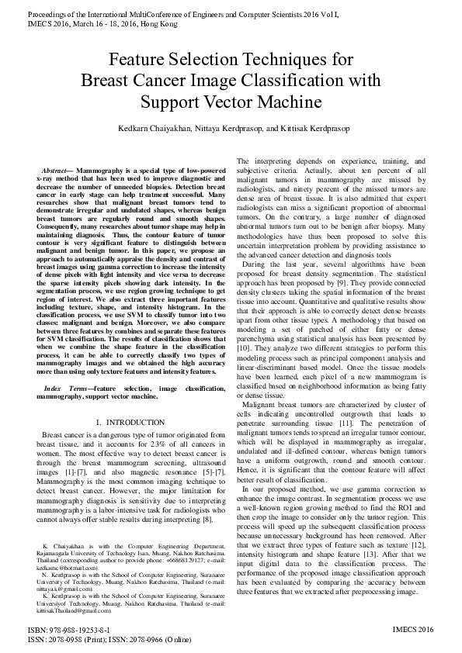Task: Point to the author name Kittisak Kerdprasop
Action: pos(311,128)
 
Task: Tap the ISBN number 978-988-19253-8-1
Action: pos(78,630)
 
